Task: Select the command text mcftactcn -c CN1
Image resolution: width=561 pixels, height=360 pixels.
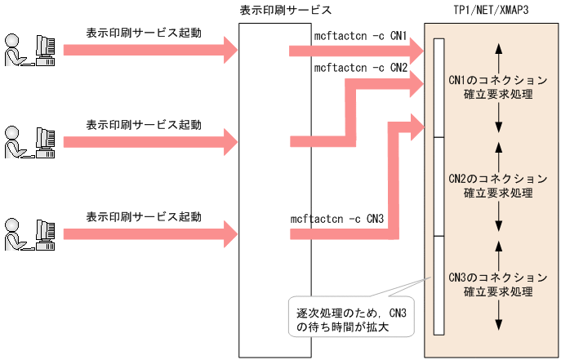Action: click(360, 37)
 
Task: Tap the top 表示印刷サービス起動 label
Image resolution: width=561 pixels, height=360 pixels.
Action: click(144, 33)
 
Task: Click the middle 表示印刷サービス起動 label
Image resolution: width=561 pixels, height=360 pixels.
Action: click(144, 125)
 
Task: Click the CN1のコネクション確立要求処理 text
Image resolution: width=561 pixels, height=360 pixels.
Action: click(497, 88)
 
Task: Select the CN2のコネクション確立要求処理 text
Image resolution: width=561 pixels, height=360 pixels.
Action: click(497, 186)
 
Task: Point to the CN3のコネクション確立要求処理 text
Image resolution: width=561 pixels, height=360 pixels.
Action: click(497, 284)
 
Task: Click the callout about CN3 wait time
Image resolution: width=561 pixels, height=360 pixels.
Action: click(351, 318)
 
